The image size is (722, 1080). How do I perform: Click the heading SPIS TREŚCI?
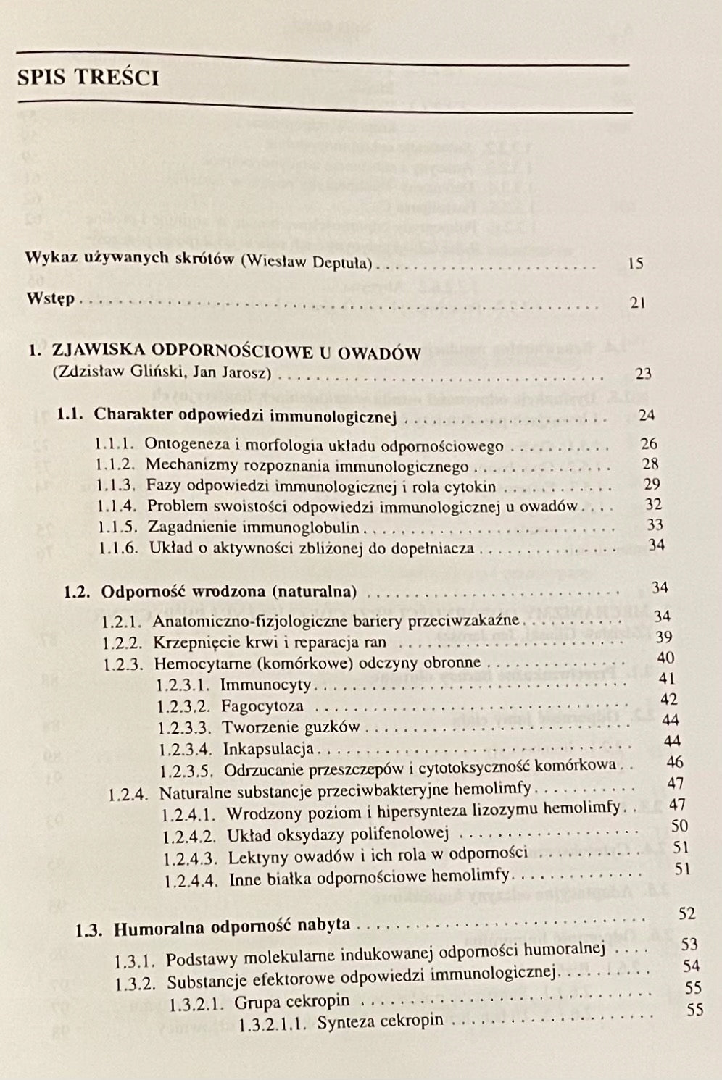[88, 77]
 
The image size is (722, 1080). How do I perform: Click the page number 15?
[635, 263]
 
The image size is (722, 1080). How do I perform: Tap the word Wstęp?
[50, 298]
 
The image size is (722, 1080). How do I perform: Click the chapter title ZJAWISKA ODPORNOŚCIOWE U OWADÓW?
[236, 353]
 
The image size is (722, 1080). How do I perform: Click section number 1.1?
[71, 414]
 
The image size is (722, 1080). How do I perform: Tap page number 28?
[650, 464]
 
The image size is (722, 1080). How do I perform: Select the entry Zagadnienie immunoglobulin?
[256, 527]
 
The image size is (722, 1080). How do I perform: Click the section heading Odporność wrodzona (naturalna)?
[229, 591]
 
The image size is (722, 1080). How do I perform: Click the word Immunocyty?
[265, 684]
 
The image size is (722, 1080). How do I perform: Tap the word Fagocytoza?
[262, 705]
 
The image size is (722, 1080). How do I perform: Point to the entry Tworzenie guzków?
[291, 727]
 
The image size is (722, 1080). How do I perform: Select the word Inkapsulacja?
[268, 748]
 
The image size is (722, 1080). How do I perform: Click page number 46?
[674, 761]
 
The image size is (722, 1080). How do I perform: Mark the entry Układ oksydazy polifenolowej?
[339, 834]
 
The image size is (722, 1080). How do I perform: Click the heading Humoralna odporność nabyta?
[232, 925]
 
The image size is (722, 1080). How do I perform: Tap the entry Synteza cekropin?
[380, 1021]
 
